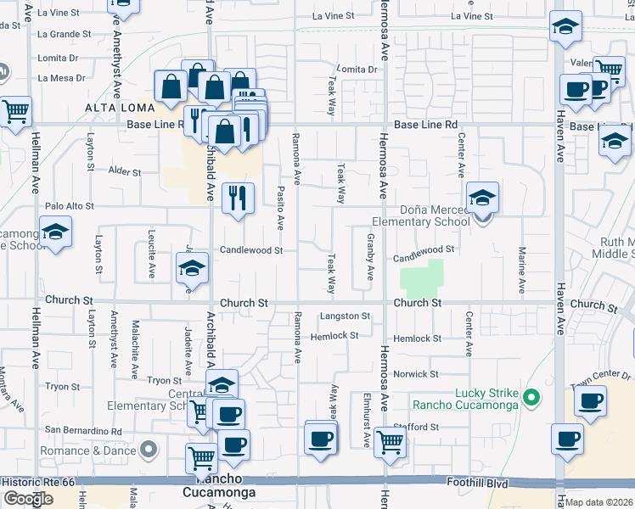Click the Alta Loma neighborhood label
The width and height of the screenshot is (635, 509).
tap(120, 108)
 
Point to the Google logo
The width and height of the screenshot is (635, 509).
tap(28, 499)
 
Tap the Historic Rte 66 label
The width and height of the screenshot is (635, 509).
tap(39, 481)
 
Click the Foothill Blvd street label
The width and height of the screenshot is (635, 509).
tap(478, 481)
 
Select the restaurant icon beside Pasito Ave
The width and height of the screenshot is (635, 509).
tap(238, 198)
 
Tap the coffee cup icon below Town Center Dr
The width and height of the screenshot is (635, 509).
tap(590, 401)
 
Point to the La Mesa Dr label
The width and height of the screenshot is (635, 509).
tap(61, 78)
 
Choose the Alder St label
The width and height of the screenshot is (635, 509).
tap(124, 171)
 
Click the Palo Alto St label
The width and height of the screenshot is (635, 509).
tap(70, 206)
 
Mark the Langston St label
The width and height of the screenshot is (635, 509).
tap(346, 316)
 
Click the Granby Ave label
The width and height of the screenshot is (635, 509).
tap(370, 256)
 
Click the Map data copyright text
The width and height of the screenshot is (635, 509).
tap(599, 502)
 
